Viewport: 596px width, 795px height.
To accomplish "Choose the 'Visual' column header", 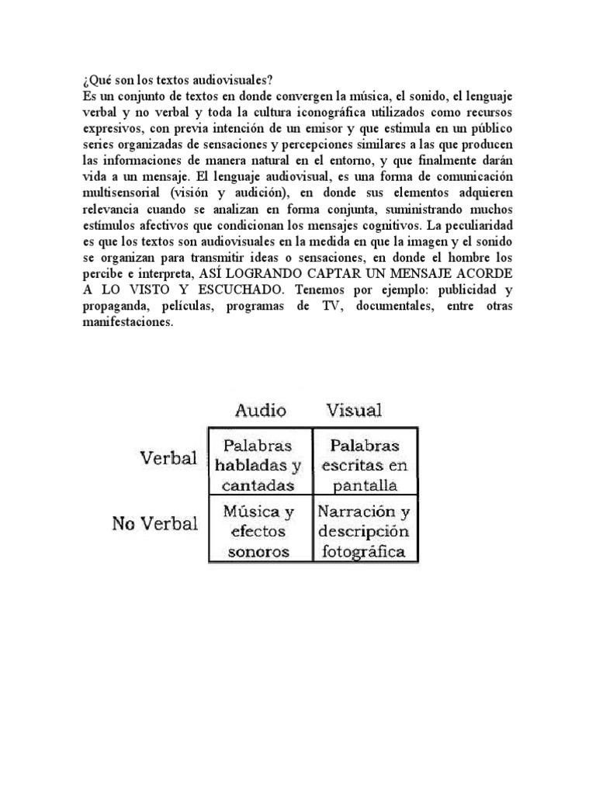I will click(354, 409).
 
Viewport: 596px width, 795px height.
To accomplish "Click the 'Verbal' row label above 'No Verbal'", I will click(168, 457).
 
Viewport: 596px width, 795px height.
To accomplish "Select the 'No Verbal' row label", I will click(155, 523).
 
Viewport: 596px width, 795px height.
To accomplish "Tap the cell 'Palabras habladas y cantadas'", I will click(259, 464).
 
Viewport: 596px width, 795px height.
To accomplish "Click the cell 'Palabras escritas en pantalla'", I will click(364, 464).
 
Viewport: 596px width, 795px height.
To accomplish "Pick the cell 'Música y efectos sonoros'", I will click(259, 532).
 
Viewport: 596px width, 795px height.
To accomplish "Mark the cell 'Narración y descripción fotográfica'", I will click(364, 532).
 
